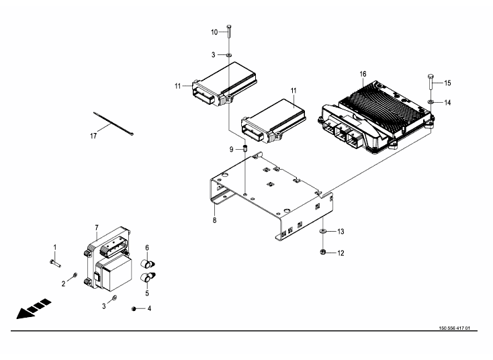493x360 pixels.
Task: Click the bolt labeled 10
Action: (228, 31)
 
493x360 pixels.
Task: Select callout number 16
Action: (363, 74)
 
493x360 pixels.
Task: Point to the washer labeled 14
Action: (431, 102)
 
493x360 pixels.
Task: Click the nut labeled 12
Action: (322, 252)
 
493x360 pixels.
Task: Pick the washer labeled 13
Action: (322, 232)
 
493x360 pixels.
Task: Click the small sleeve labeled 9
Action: (245, 148)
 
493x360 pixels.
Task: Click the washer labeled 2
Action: (75, 276)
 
